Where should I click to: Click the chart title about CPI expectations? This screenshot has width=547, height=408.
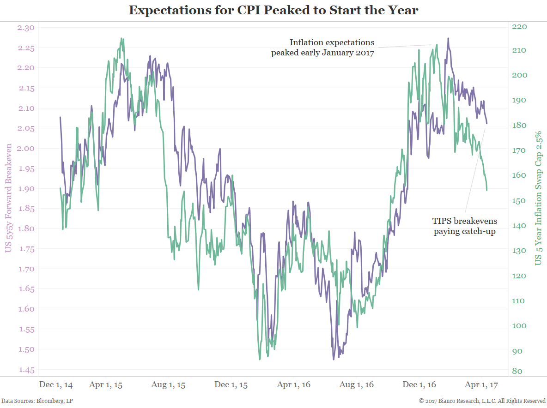[273, 10]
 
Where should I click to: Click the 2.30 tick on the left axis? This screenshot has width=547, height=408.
[26, 28]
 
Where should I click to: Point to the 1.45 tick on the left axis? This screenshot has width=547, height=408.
[26, 370]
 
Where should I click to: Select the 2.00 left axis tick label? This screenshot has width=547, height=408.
[26, 149]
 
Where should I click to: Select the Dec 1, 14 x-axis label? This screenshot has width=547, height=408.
[56, 385]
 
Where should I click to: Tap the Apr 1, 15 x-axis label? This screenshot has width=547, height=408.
[106, 385]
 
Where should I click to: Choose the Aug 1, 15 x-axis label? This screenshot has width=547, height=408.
[168, 385]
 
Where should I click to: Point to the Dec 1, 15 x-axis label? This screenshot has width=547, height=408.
[231, 385]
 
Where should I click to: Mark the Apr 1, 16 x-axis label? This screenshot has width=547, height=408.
[294, 385]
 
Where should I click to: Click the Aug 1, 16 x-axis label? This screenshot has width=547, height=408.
[356, 385]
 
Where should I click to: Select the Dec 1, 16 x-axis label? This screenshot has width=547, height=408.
[419, 385]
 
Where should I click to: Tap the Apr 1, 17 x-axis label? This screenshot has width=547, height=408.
[480, 385]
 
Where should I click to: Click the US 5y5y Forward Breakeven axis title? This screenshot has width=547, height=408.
[8, 198]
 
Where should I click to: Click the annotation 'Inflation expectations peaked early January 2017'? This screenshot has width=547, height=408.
[322, 48]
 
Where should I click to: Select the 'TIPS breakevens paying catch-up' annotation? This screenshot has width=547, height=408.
[464, 226]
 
